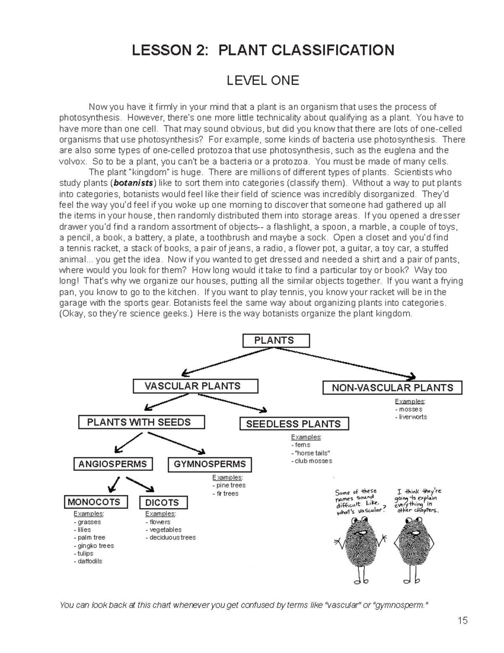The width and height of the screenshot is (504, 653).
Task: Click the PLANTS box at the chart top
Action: tap(276, 341)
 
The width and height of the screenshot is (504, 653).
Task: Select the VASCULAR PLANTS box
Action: tap(195, 386)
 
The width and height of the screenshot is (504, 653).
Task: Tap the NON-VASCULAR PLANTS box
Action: tap(392, 388)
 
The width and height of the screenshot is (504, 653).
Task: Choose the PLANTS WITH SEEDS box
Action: tap(142, 422)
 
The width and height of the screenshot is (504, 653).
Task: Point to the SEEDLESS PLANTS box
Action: tap(294, 424)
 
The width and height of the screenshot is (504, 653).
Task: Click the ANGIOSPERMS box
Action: tap(113, 464)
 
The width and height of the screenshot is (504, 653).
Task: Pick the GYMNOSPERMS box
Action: tap(210, 465)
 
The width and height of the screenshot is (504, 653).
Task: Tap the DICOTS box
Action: tap(163, 502)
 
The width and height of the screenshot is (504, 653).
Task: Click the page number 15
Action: tap(462, 621)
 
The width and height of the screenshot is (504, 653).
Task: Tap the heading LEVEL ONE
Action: tap(263, 80)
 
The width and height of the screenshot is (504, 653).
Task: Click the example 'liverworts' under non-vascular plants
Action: tap(413, 417)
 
